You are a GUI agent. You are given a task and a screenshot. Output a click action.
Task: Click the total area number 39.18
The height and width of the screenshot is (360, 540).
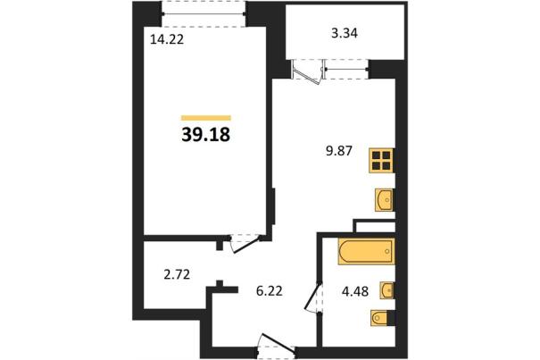click(x=205, y=135)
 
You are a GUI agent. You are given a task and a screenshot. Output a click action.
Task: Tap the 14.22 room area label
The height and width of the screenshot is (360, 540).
click(x=167, y=39)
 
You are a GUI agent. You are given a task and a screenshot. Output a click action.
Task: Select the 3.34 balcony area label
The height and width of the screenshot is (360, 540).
click(x=344, y=33)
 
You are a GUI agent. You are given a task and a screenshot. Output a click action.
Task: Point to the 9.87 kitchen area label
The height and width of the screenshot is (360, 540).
click(x=339, y=151)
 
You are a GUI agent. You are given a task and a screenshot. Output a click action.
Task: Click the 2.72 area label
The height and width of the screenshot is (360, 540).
click(x=177, y=275)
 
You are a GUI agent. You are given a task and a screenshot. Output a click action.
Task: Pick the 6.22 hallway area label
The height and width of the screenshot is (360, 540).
click(x=270, y=291)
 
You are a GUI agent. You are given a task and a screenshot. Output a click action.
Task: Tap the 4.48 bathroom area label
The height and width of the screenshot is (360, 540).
click(x=355, y=291)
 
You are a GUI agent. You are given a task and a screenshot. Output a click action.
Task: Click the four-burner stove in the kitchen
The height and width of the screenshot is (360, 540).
click(x=382, y=160)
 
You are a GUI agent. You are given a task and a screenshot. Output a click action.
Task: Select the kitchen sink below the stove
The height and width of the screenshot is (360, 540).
click(x=384, y=200)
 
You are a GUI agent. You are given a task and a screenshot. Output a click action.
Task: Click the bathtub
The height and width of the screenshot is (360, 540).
click(x=366, y=252)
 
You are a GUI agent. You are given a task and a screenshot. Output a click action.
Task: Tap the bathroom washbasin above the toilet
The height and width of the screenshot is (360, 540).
click(x=386, y=290)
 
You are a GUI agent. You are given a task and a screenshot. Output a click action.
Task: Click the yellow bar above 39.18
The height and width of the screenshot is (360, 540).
click(x=206, y=118)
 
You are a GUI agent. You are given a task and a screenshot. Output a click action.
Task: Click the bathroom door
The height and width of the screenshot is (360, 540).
click(x=314, y=297)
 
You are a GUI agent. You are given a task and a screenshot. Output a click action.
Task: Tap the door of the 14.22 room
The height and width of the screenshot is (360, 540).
click(x=245, y=244)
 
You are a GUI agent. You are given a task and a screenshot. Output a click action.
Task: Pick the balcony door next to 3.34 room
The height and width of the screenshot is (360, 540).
click(x=307, y=71)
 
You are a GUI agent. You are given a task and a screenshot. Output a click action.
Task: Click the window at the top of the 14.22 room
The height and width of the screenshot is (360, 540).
click(x=204, y=13)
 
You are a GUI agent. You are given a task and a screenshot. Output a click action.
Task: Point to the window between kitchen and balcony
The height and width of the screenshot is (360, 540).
click(x=346, y=70)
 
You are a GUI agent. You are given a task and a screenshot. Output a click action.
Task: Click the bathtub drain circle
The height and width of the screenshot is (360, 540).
click(x=387, y=251)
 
